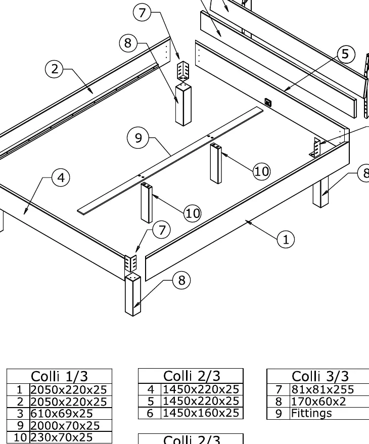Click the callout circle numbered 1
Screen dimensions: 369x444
click(286, 240)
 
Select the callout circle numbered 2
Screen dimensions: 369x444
click(54, 69)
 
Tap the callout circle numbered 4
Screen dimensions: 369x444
click(61, 177)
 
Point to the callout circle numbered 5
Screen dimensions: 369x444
click(346, 54)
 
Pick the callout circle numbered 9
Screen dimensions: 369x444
click(138, 138)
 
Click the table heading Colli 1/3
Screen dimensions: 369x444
click(60, 376)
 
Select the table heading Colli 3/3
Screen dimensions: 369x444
click(320, 376)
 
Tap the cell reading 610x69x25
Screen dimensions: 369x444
click(62, 414)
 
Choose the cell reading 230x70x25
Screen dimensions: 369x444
click(62, 437)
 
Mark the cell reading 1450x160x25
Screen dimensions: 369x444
click(201, 413)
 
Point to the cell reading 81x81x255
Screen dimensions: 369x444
click(322, 389)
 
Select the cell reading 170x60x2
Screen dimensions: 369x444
click(318, 402)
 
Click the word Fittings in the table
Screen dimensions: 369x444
click(311, 414)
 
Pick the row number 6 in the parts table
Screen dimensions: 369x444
click(150, 413)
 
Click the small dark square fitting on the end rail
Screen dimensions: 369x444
click(268, 102)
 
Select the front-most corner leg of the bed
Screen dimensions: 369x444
click(133, 294)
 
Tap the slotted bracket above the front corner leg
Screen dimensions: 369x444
click(131, 263)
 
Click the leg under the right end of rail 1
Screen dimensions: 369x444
click(320, 192)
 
